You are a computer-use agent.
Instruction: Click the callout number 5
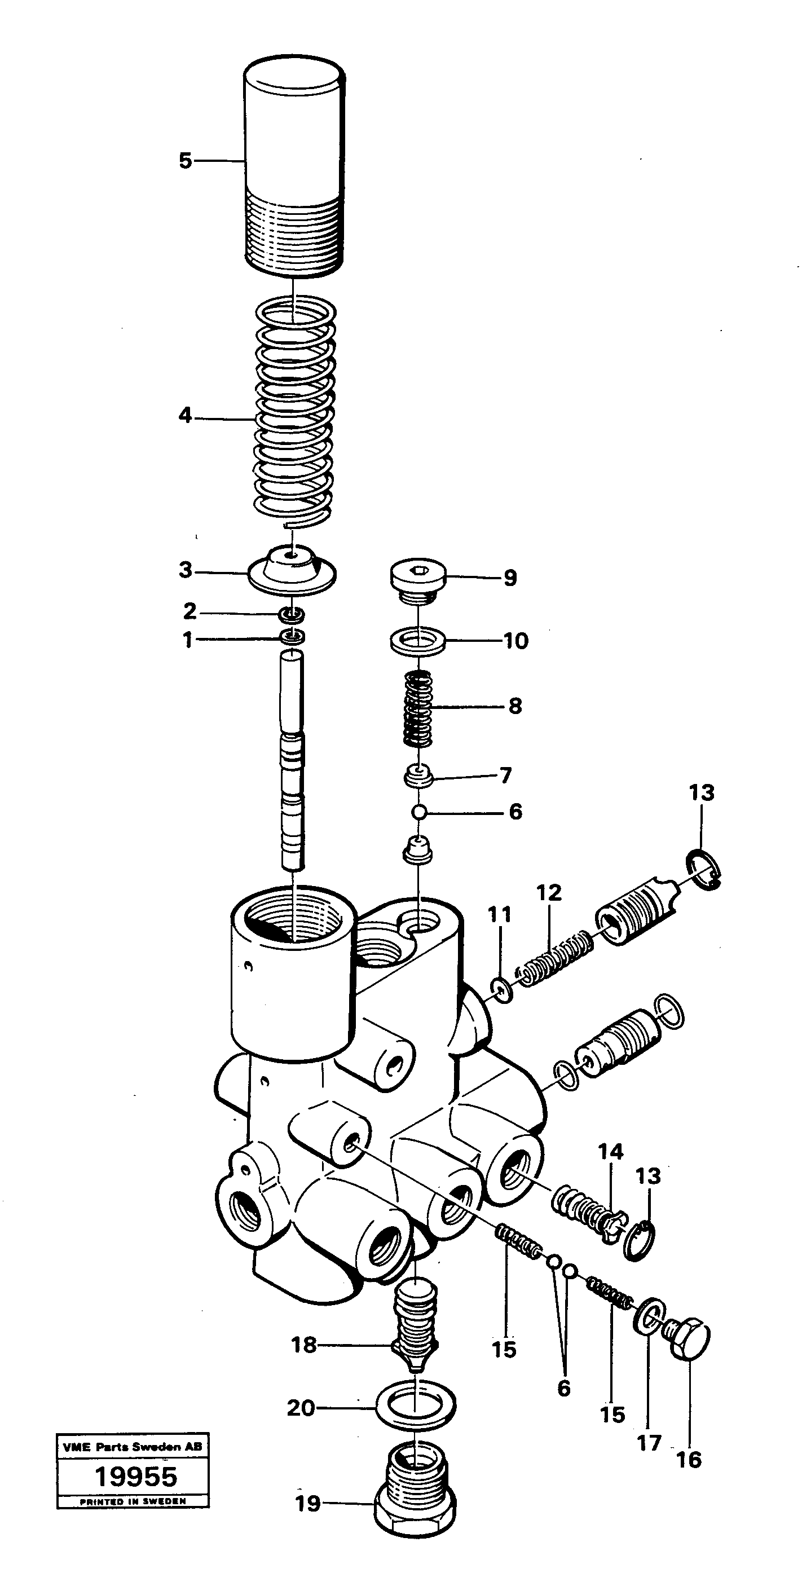[185, 161]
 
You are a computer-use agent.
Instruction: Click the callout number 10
[516, 641]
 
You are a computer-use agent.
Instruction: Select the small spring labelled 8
[418, 708]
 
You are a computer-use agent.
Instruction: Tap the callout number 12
[549, 893]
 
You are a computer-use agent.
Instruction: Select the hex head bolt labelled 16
[689, 1338]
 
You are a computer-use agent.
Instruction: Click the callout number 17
[649, 1443]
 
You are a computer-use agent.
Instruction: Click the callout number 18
[303, 1345]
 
